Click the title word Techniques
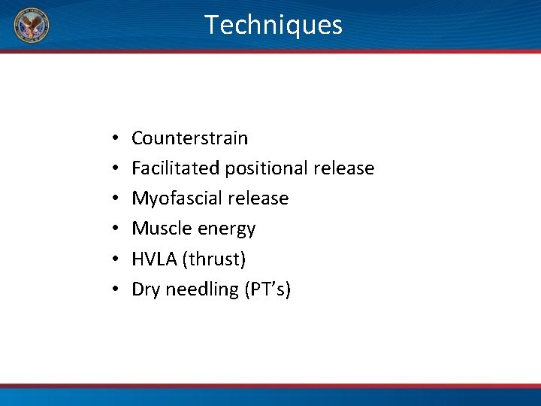[274, 25]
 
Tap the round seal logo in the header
[32, 26]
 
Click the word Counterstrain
[189, 138]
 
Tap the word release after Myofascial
[258, 198]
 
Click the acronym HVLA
[153, 259]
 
